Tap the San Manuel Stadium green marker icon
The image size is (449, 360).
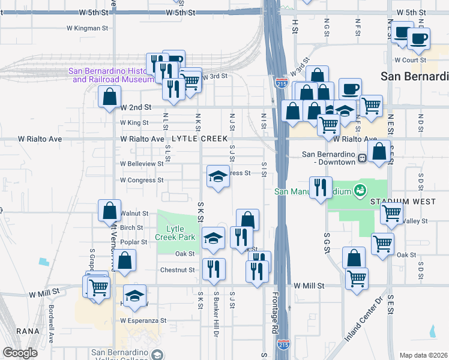[360, 191]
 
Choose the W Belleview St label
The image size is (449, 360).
[142, 163]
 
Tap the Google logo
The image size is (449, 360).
[20, 353]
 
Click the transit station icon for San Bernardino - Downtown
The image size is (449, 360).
[362, 158]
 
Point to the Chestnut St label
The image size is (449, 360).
[178, 270]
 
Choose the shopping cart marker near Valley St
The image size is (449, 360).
[392, 213]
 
